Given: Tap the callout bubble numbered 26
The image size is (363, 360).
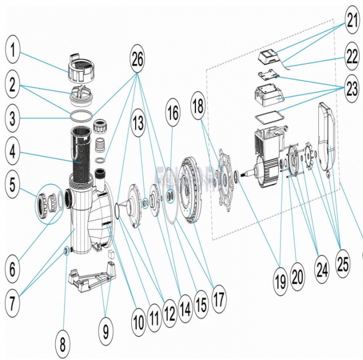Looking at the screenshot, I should pyautogui.click(x=142, y=56).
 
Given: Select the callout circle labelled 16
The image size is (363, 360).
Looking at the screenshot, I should pyautogui.click(x=173, y=112).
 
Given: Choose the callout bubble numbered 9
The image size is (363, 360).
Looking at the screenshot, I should pyautogui.click(x=106, y=332).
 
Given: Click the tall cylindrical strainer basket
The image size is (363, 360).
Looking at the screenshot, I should pyautogui.click(x=82, y=151).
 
